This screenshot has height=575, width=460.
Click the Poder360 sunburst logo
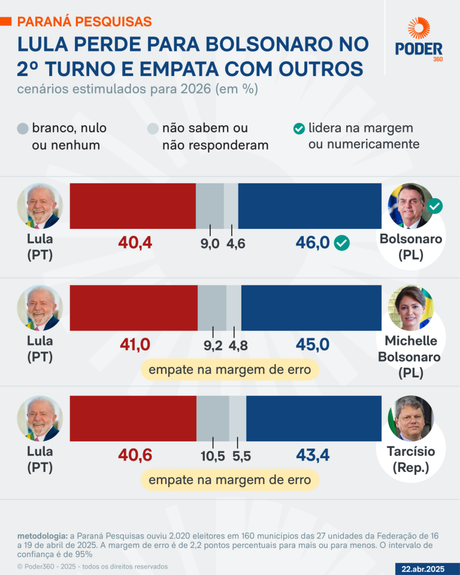click(x=419, y=29)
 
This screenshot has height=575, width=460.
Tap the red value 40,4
click(x=135, y=243)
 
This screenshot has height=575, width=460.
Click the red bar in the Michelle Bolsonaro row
click(x=134, y=308)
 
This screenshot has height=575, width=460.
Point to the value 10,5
click(x=213, y=456)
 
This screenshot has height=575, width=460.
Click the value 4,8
click(x=238, y=346)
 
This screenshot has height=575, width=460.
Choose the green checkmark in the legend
click(x=298, y=129)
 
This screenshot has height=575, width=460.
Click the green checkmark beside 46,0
click(x=341, y=243)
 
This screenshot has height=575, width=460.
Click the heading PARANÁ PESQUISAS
click(x=84, y=22)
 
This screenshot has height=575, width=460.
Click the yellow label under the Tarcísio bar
click(x=230, y=480)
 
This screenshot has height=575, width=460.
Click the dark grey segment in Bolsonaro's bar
click(x=210, y=206)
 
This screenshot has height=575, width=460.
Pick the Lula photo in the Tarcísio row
click(x=40, y=418)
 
